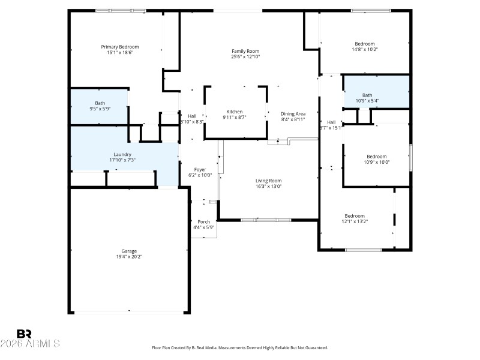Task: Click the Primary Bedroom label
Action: [x=120, y=47]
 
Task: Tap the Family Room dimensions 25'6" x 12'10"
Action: [x=245, y=57]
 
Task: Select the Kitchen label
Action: [x=234, y=112]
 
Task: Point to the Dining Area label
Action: [x=293, y=113]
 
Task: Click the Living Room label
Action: [x=268, y=181]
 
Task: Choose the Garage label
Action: [x=129, y=251]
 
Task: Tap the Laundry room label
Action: [x=122, y=154]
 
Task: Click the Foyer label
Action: [x=200, y=169]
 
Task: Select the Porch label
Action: [x=204, y=221]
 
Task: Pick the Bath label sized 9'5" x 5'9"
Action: [x=100, y=103]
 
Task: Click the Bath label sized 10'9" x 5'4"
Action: [x=367, y=95]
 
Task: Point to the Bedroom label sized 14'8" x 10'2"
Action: [x=365, y=44]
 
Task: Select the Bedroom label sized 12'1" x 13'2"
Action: [x=355, y=216]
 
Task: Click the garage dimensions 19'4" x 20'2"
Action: [x=129, y=257]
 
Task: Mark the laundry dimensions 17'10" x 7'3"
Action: [x=122, y=160]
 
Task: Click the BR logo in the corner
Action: [x=24, y=334]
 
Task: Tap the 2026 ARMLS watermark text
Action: [x=30, y=344]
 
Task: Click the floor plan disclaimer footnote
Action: [x=240, y=348]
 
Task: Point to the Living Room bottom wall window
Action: [x=265, y=220]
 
